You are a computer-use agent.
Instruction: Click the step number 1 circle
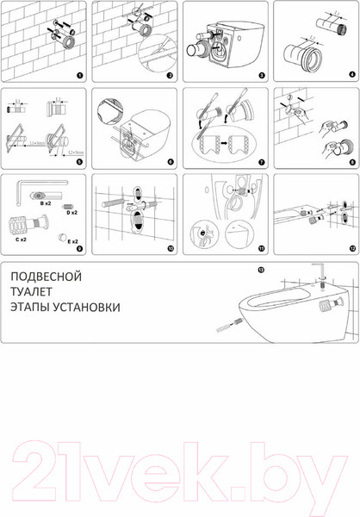click(79, 76)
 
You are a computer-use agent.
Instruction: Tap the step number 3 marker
click(259, 76)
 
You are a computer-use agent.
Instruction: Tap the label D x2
click(72, 211)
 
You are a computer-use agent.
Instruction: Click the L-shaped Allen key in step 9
click(39, 185)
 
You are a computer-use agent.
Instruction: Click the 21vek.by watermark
click(180, 471)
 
